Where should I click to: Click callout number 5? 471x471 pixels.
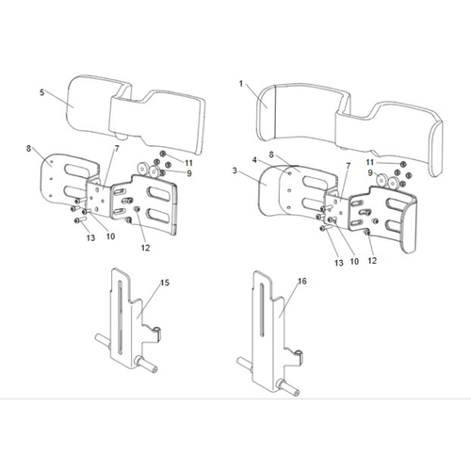click(x=43, y=91)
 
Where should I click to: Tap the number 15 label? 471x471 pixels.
click(x=164, y=283)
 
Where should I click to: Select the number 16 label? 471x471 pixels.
click(x=301, y=282)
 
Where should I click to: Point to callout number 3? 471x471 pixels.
click(x=235, y=171)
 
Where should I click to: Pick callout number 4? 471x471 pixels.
click(x=254, y=160)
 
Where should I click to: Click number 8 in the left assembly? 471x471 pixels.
click(x=30, y=148)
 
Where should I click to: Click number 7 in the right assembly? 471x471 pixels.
click(x=348, y=167)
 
